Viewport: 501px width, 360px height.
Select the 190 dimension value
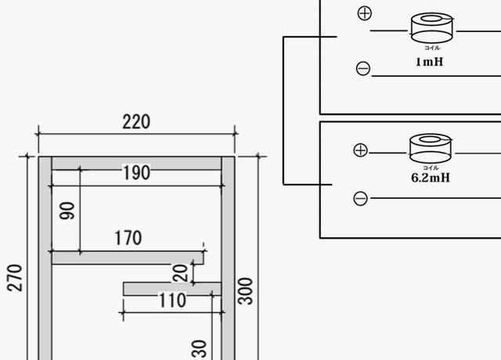coord(136,173)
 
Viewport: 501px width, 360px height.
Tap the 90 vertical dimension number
coord(67,210)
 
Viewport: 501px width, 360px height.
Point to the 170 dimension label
coord(128,237)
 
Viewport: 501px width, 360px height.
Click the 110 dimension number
coord(171,301)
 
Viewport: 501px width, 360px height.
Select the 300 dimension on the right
coord(247,291)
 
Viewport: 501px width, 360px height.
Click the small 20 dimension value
coord(181,272)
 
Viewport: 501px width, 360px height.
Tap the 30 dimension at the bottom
coord(199,347)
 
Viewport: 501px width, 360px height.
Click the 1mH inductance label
coord(429,61)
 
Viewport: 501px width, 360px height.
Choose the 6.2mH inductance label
coord(430,178)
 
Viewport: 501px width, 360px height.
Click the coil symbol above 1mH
coord(432,28)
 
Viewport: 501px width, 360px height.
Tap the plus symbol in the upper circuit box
coord(364,13)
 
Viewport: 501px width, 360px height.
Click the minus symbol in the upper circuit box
coord(363,69)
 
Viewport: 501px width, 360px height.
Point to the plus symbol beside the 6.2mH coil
coord(361,149)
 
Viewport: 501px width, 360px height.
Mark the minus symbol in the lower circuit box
coord(361,199)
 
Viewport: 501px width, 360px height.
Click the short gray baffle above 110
coord(171,289)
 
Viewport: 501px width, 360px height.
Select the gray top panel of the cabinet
coord(136,163)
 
